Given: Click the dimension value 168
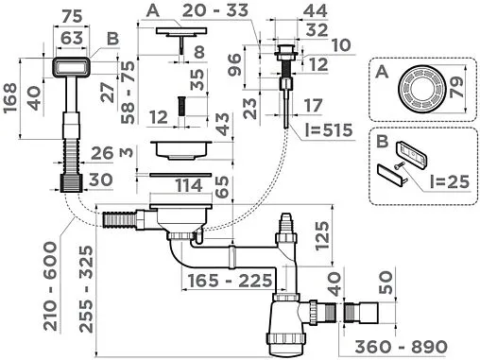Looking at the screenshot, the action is (x=9, y=97).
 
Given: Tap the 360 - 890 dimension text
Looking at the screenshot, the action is (x=401, y=347).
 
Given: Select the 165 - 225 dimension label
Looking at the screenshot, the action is (x=230, y=281).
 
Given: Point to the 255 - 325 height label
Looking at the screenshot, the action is (x=86, y=289).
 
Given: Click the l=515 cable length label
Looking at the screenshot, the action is (x=329, y=130).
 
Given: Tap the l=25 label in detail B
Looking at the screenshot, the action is (x=450, y=181).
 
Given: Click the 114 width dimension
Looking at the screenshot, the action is (x=189, y=185).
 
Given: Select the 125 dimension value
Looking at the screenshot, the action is (x=322, y=235).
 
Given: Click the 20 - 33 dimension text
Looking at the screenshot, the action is (x=215, y=10).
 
